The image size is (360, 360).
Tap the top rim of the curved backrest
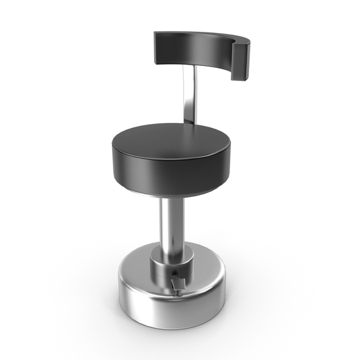(198, 34)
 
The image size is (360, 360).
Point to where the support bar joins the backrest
(191, 67)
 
